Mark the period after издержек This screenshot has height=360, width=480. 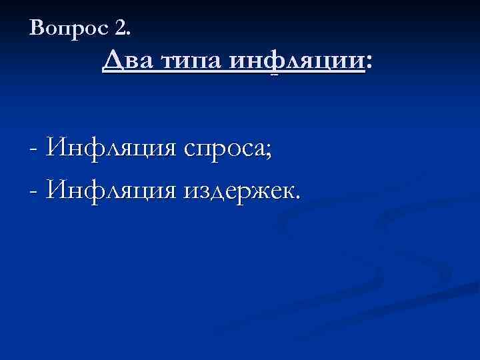tap(297, 196)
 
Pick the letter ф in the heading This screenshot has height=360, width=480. tap(275, 64)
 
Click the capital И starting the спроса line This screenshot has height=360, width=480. tap(53, 148)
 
